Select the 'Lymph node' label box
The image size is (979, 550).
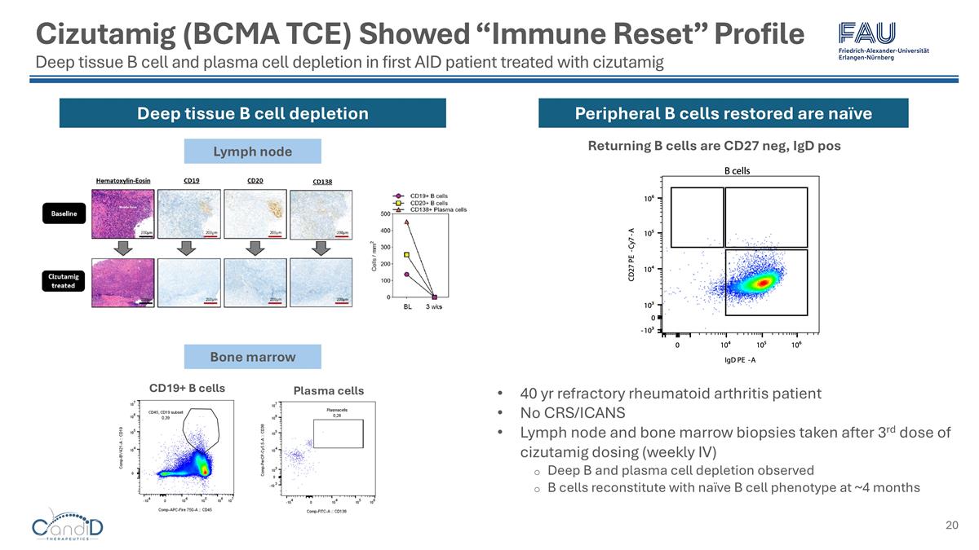pyautogui.click(x=252, y=152)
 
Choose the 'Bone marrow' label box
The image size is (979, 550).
pyautogui.click(x=252, y=357)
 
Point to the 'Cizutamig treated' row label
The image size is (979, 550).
pyautogui.click(x=63, y=280)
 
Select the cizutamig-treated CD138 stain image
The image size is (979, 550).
pyautogui.click(x=322, y=280)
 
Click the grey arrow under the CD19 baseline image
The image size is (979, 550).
pyautogui.click(x=188, y=247)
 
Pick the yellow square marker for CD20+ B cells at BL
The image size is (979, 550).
pyautogui.click(x=406, y=254)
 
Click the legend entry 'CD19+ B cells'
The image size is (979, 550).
pyautogui.click(x=427, y=196)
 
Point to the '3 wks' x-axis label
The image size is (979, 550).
pyautogui.click(x=435, y=307)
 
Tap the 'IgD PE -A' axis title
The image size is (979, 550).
pyautogui.click(x=739, y=359)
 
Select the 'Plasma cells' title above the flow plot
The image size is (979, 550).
pyautogui.click(x=328, y=391)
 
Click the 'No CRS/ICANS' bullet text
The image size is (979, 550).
pyautogui.click(x=574, y=412)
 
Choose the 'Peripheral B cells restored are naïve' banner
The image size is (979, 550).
pyautogui.click(x=723, y=113)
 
